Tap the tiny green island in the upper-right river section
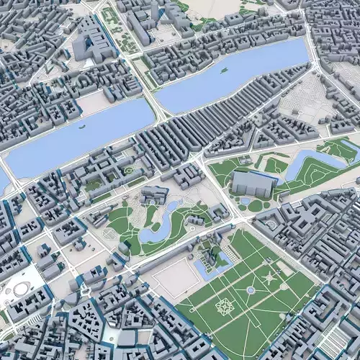pos(224,71)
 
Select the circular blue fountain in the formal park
pos(250,290)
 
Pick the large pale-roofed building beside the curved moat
pos(251,184)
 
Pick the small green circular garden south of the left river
pos(130,171)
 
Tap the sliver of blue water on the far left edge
pos(3,180)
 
